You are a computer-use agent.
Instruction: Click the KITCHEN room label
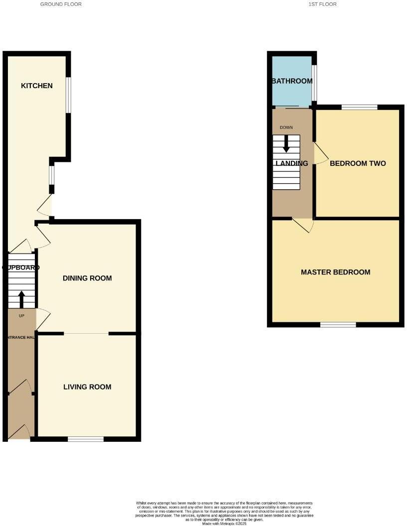36,86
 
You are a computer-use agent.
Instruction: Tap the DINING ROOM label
87,278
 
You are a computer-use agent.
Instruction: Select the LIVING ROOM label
87,387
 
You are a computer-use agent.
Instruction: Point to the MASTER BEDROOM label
335,272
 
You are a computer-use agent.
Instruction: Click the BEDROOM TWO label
358,163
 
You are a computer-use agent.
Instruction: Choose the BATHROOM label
292,81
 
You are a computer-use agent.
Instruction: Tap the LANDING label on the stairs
292,163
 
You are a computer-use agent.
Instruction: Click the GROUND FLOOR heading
61,4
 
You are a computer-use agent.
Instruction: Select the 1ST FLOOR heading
323,4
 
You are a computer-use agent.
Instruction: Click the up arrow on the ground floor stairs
21,299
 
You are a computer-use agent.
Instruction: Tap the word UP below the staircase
21,315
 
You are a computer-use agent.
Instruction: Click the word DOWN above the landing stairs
286,128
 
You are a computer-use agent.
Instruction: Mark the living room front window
86,439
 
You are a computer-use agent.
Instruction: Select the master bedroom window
338,325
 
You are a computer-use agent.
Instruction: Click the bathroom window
314,82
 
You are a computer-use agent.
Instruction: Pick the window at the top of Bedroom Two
359,107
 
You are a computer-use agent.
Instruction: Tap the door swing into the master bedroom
304,225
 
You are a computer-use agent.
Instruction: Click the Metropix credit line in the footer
224,524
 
